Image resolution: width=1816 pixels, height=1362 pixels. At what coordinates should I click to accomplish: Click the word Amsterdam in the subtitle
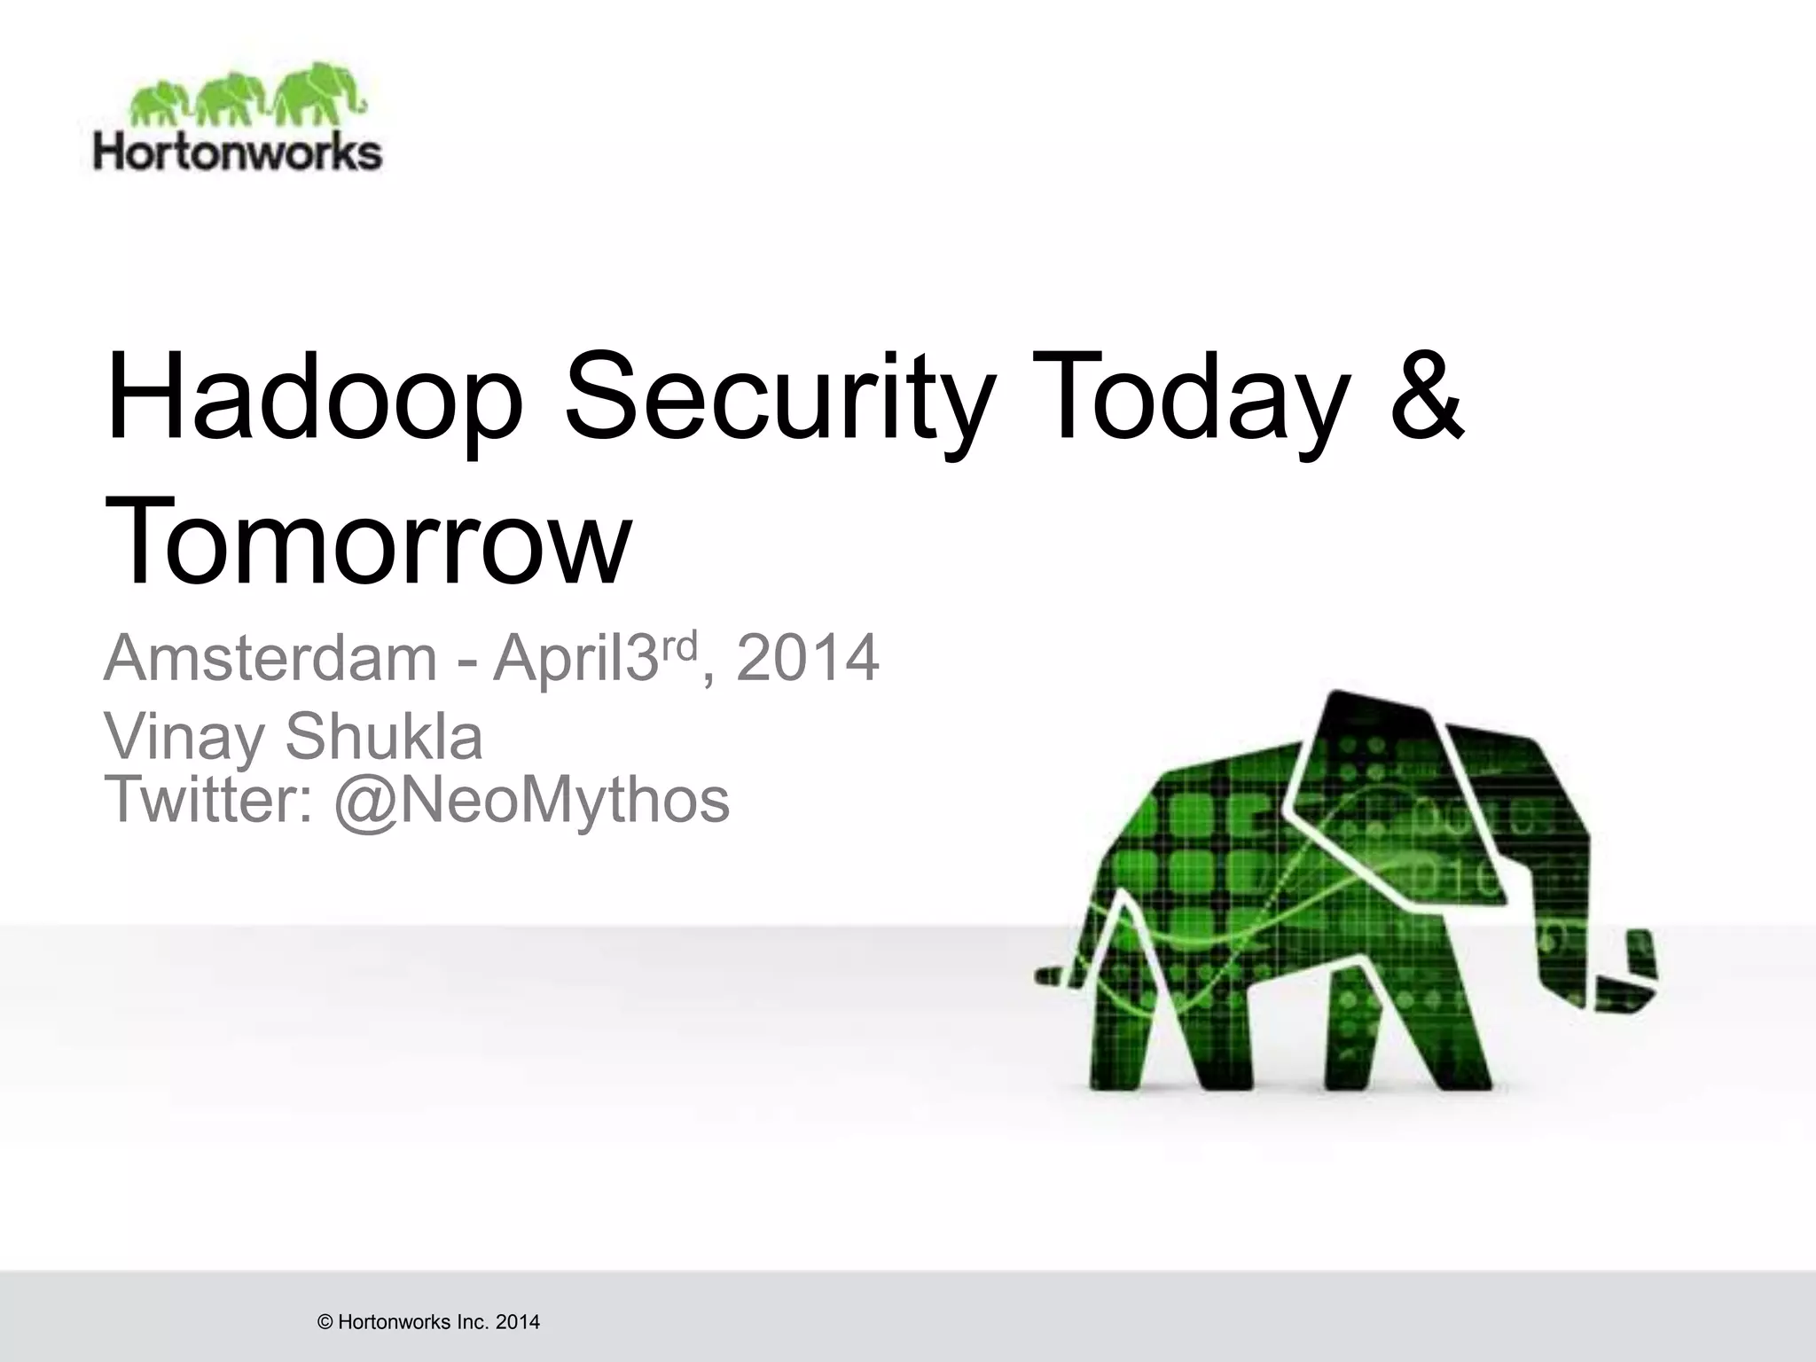(270, 658)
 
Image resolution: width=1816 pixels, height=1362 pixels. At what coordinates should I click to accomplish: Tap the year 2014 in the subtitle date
(807, 658)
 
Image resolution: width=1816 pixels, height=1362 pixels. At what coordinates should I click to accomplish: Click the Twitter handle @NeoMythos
(532, 800)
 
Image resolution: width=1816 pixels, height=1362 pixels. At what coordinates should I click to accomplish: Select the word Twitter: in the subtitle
(209, 800)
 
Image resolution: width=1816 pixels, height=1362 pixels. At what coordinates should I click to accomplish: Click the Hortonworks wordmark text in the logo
(238, 152)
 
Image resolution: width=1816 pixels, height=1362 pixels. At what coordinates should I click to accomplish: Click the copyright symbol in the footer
(325, 1323)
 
